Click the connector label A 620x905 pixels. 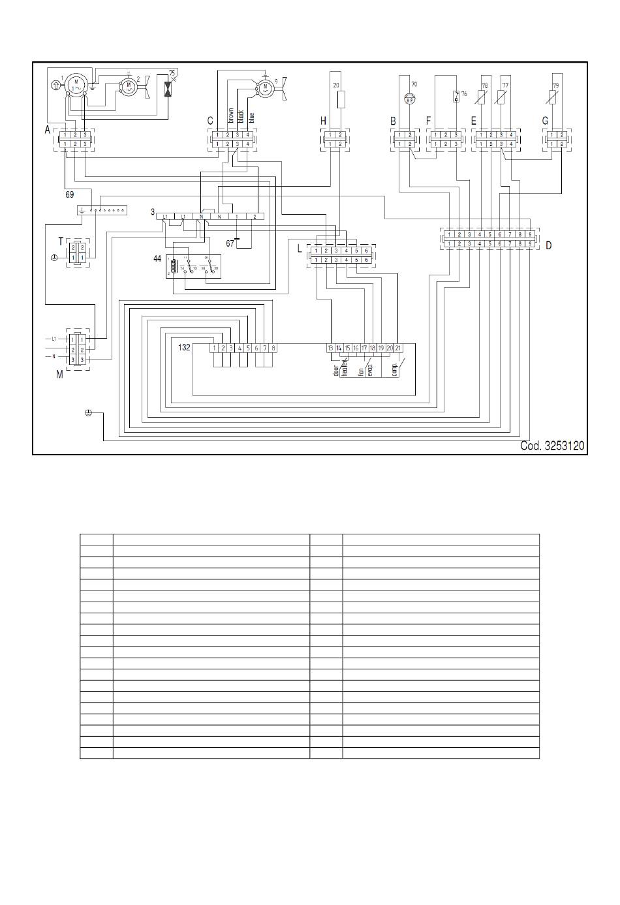(x=47, y=130)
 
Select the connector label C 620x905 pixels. (x=210, y=121)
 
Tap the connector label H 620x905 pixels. (x=323, y=121)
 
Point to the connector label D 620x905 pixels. (x=548, y=245)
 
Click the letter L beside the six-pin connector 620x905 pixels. (x=300, y=249)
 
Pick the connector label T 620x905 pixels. (x=61, y=241)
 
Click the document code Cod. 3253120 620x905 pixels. (x=552, y=446)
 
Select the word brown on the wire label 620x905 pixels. (x=230, y=115)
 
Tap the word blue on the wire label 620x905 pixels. (x=251, y=117)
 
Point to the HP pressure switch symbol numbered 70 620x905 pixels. (x=409, y=99)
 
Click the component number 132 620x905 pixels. (x=184, y=348)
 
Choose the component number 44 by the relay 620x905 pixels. (x=157, y=259)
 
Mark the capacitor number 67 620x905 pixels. (x=230, y=243)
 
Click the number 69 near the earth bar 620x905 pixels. (x=70, y=194)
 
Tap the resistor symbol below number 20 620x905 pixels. (x=340, y=100)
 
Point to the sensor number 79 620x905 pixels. (x=555, y=85)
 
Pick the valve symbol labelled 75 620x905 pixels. (x=169, y=88)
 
